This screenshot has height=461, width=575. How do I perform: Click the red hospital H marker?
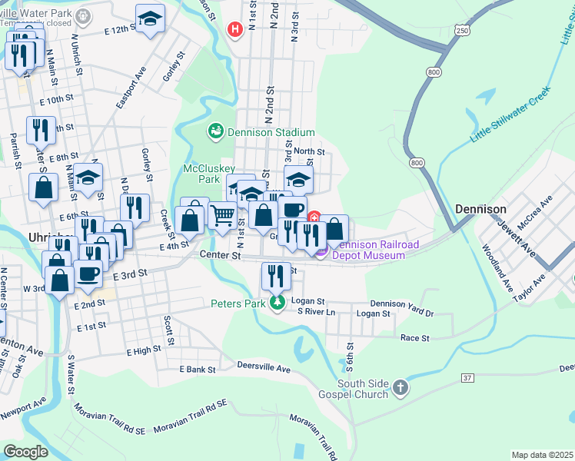[234, 30]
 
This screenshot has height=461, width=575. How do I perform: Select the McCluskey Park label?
[201, 174]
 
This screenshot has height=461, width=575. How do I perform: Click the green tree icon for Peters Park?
[277, 303]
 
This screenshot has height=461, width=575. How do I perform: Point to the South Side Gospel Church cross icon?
[399, 389]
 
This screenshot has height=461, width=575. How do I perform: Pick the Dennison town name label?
[480, 209]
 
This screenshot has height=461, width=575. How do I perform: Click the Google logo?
[26, 451]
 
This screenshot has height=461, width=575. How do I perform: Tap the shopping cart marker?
[222, 216]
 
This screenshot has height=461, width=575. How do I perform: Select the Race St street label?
[414, 337]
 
